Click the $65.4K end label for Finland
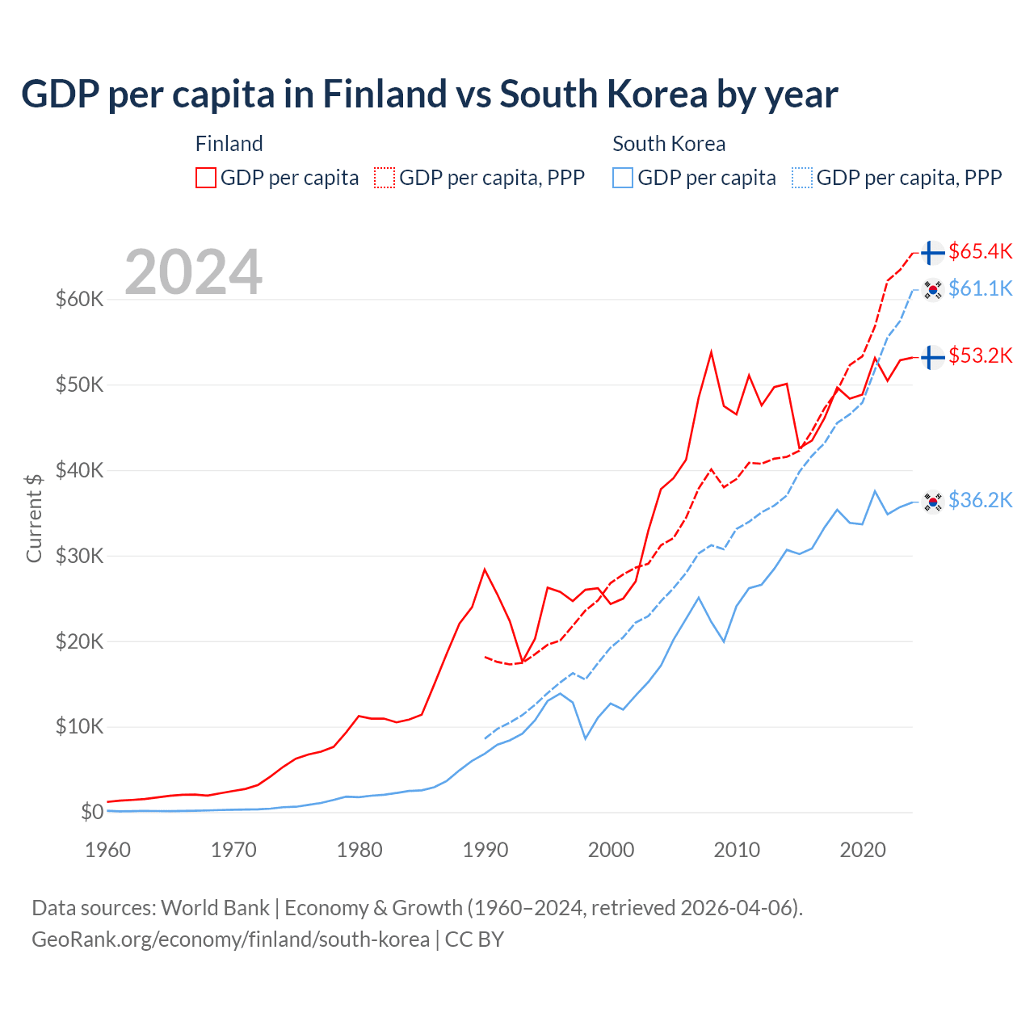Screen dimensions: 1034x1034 coord(980,252)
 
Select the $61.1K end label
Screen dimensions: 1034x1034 coord(980,288)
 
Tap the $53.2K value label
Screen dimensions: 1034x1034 coord(980,356)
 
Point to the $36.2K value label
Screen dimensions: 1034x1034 coord(980,501)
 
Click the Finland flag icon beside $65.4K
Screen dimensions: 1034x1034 coord(933,253)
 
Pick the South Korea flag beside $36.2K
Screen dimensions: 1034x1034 coord(933,502)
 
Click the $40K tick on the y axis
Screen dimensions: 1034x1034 coord(80,470)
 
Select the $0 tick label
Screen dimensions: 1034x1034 coord(92,812)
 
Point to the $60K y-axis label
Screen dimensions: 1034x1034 coord(80,300)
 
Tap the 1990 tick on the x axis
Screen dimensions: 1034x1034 coord(485,850)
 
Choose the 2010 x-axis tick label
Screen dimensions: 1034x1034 coord(737,850)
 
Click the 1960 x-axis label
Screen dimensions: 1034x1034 coord(108,850)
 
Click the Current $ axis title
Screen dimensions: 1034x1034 coord(34,518)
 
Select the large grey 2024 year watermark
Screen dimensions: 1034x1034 coord(194,272)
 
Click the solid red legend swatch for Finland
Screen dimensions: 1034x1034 coord(206,178)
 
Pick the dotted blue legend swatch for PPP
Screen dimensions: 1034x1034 coord(802,178)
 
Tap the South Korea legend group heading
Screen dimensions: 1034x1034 coord(669,144)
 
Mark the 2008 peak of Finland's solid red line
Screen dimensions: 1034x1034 coord(711,352)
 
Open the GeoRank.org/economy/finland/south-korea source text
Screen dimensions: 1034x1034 coord(231,939)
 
